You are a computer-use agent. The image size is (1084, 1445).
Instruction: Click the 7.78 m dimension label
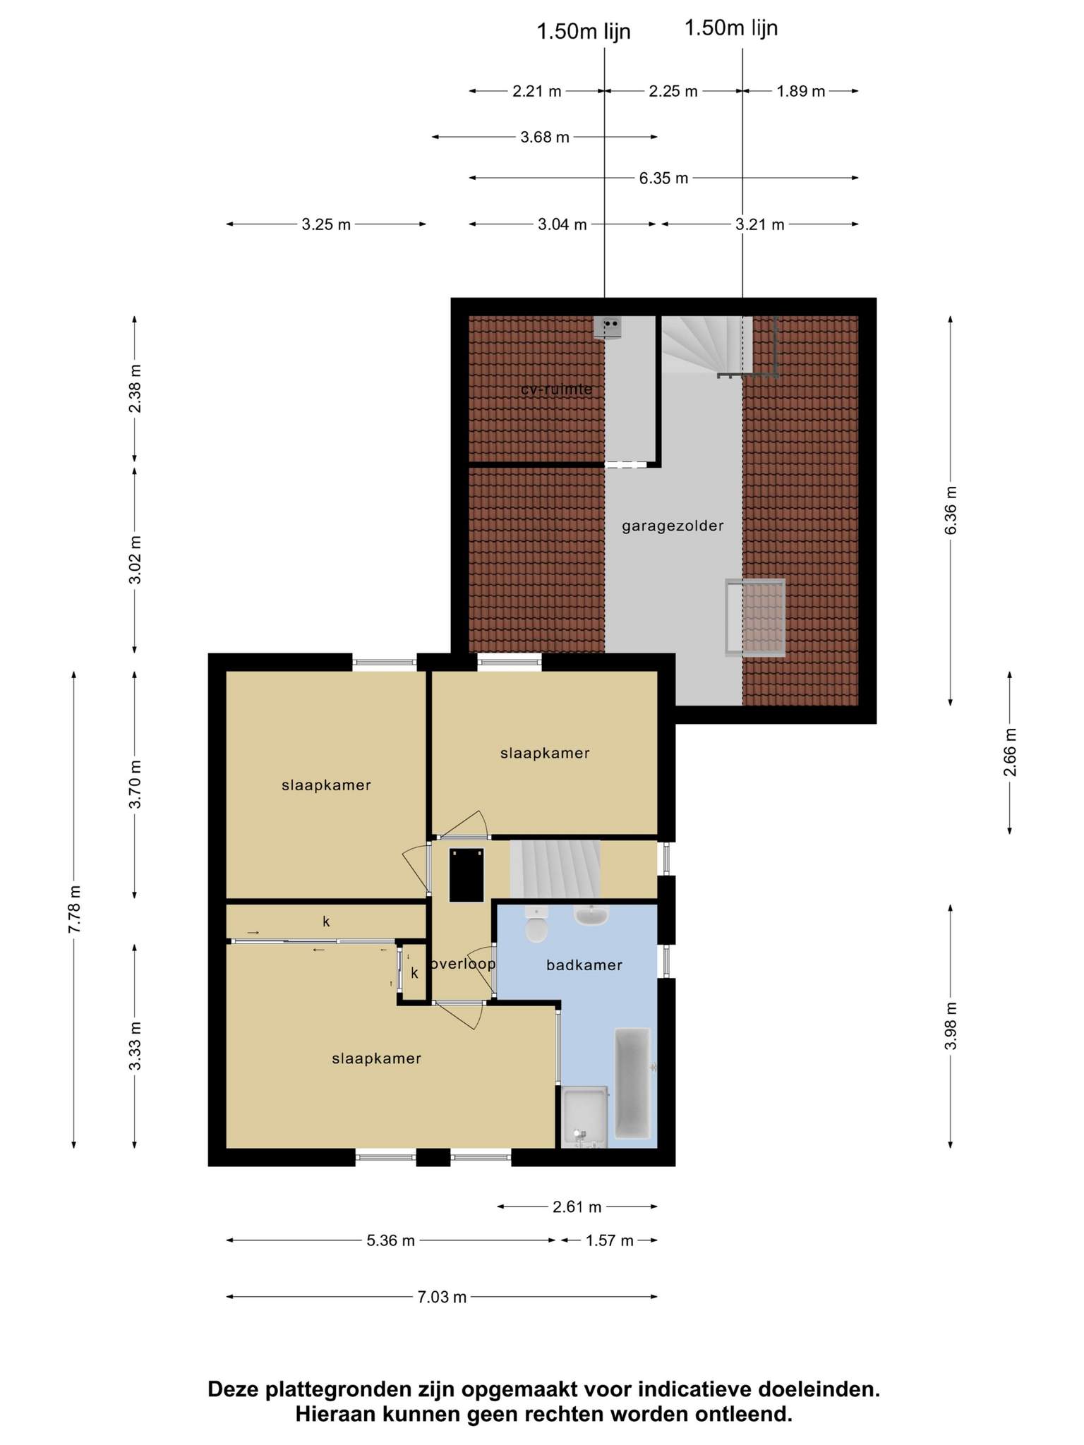click(74, 909)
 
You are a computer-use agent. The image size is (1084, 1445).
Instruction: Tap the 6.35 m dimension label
click(663, 179)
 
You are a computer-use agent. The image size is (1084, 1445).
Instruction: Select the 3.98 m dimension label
click(951, 1025)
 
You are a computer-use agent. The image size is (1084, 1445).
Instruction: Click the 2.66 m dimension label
click(1010, 752)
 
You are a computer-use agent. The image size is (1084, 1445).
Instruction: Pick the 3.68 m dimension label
click(545, 137)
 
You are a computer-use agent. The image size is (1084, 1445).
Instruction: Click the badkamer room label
click(584, 965)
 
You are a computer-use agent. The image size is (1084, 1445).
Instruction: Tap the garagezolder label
click(673, 526)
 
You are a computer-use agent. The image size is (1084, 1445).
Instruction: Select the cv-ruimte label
click(556, 389)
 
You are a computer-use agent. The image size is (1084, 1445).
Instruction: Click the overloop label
click(463, 964)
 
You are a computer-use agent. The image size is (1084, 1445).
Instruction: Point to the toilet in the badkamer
click(537, 925)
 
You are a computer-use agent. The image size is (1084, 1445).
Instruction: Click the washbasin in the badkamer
click(591, 916)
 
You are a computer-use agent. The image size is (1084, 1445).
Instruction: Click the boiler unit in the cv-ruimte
click(607, 327)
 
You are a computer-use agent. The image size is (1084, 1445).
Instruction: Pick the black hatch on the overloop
click(467, 875)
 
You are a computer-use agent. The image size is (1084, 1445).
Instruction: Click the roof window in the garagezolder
click(755, 618)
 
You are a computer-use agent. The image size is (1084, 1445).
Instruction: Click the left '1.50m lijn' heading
click(584, 32)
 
